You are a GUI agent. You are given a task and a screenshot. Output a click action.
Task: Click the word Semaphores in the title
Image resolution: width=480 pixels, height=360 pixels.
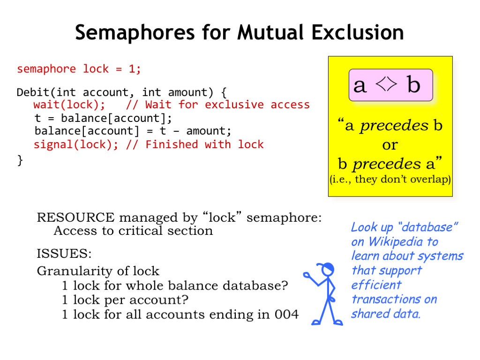point(135,32)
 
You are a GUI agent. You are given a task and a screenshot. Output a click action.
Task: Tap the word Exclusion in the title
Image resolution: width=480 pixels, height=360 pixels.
point(358,32)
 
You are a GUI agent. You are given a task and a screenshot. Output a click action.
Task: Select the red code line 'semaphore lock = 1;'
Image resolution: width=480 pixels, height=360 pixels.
point(79,69)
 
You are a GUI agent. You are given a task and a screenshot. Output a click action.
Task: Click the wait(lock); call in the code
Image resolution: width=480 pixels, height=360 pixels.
point(69,105)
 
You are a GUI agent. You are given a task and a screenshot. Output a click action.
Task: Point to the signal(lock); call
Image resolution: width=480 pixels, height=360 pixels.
point(75,144)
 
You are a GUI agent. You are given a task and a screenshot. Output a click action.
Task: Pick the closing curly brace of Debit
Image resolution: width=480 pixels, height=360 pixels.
point(20,160)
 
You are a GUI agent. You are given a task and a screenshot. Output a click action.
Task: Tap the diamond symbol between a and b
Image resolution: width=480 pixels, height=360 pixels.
point(386,84)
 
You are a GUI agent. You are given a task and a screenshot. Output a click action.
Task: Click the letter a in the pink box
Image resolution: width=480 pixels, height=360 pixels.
point(360,85)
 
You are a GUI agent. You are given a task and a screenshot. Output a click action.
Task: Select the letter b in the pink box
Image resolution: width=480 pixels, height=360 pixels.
point(413,84)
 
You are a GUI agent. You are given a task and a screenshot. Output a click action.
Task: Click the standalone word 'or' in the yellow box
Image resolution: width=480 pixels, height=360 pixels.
point(390,145)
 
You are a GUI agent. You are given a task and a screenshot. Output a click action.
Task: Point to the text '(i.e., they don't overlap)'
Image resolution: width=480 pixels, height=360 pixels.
point(390,179)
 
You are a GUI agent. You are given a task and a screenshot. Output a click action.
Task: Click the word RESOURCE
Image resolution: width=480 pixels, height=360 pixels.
point(75,217)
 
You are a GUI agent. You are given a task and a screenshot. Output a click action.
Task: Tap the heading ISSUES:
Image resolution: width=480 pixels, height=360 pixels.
point(64,254)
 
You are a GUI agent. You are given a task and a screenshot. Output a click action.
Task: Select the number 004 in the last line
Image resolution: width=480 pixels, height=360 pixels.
point(286,315)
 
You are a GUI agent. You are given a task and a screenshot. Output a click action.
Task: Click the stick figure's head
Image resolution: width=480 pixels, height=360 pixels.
point(328,269)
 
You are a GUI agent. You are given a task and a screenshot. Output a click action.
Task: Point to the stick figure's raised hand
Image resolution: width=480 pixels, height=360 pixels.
point(306,275)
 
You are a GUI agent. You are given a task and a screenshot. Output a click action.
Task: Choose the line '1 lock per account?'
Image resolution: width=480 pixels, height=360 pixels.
point(125,300)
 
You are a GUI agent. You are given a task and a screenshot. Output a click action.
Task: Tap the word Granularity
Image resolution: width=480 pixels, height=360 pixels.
point(75,271)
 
